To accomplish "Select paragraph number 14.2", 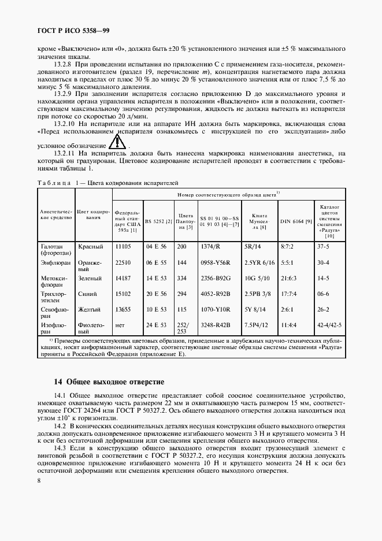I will tap(60, 425).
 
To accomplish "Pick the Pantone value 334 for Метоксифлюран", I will tap(183, 277).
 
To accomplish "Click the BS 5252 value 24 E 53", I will tap(157, 325).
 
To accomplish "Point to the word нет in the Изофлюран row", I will tap(120, 325).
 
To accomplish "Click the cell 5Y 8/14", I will tap(254, 309).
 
